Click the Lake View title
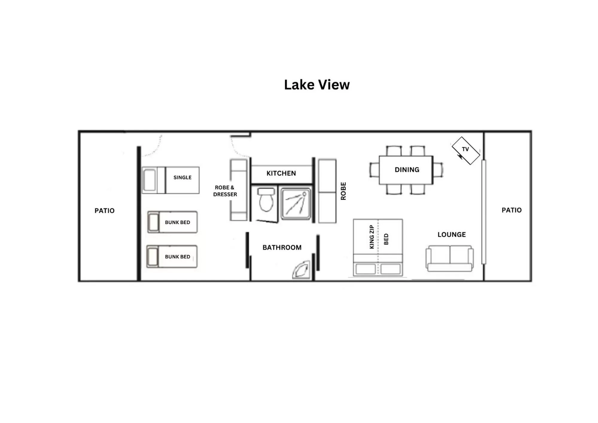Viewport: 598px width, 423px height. [x=317, y=85]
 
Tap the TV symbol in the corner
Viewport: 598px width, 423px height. [x=465, y=150]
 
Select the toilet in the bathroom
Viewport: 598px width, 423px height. [x=266, y=200]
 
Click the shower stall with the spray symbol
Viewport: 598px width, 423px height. [x=296, y=203]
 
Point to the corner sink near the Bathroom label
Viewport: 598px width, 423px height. [x=301, y=270]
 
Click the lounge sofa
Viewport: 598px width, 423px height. [x=449, y=258]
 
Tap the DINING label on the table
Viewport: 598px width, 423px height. [x=407, y=170]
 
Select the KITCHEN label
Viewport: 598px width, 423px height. [x=281, y=173]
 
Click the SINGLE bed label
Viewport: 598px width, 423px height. [x=182, y=177]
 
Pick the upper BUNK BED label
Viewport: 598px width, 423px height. [x=177, y=222]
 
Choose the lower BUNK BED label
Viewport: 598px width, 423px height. [x=177, y=257]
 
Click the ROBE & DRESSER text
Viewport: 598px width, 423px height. [x=225, y=191]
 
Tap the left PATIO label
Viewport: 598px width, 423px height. [x=104, y=211]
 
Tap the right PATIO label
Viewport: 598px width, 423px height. [x=512, y=210]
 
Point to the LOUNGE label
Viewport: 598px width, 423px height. [x=452, y=235]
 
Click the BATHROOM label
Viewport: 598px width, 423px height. [x=282, y=247]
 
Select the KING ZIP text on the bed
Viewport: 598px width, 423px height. [x=372, y=237]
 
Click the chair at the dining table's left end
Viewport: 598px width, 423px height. [x=374, y=170]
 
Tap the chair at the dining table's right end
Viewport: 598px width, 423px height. [x=438, y=170]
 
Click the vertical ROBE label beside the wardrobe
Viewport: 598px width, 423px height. [x=343, y=191]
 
